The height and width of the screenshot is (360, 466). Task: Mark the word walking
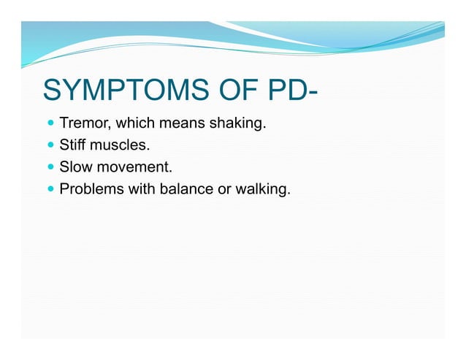click(x=264, y=190)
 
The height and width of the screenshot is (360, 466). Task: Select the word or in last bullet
click(x=222, y=191)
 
